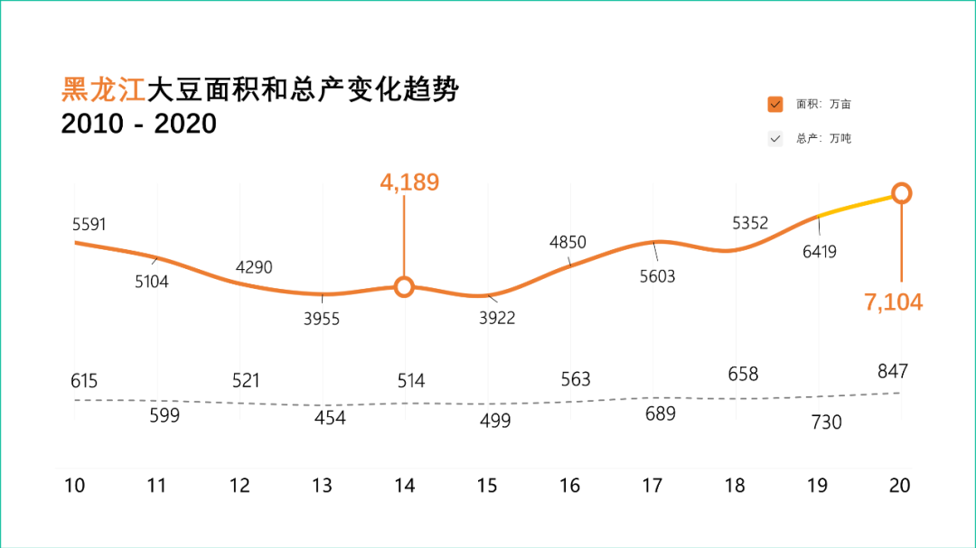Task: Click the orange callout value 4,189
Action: point(409,182)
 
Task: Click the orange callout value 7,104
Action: point(894,302)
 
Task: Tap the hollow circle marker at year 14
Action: point(404,287)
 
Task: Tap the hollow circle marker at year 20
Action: point(901,193)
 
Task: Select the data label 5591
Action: point(89,225)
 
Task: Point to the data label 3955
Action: point(322,319)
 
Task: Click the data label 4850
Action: point(568,242)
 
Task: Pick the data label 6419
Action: point(820,252)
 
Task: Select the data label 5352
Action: point(750,223)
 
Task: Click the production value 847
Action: point(892,371)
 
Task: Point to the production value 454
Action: point(330,418)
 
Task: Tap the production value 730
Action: point(825,423)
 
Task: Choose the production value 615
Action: point(84,381)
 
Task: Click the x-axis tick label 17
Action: point(652,486)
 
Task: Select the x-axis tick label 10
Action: point(74,486)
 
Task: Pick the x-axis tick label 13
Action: point(322,486)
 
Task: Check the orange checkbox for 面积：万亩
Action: point(774,104)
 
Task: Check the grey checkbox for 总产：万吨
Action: point(774,139)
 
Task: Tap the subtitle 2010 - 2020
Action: point(139,124)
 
